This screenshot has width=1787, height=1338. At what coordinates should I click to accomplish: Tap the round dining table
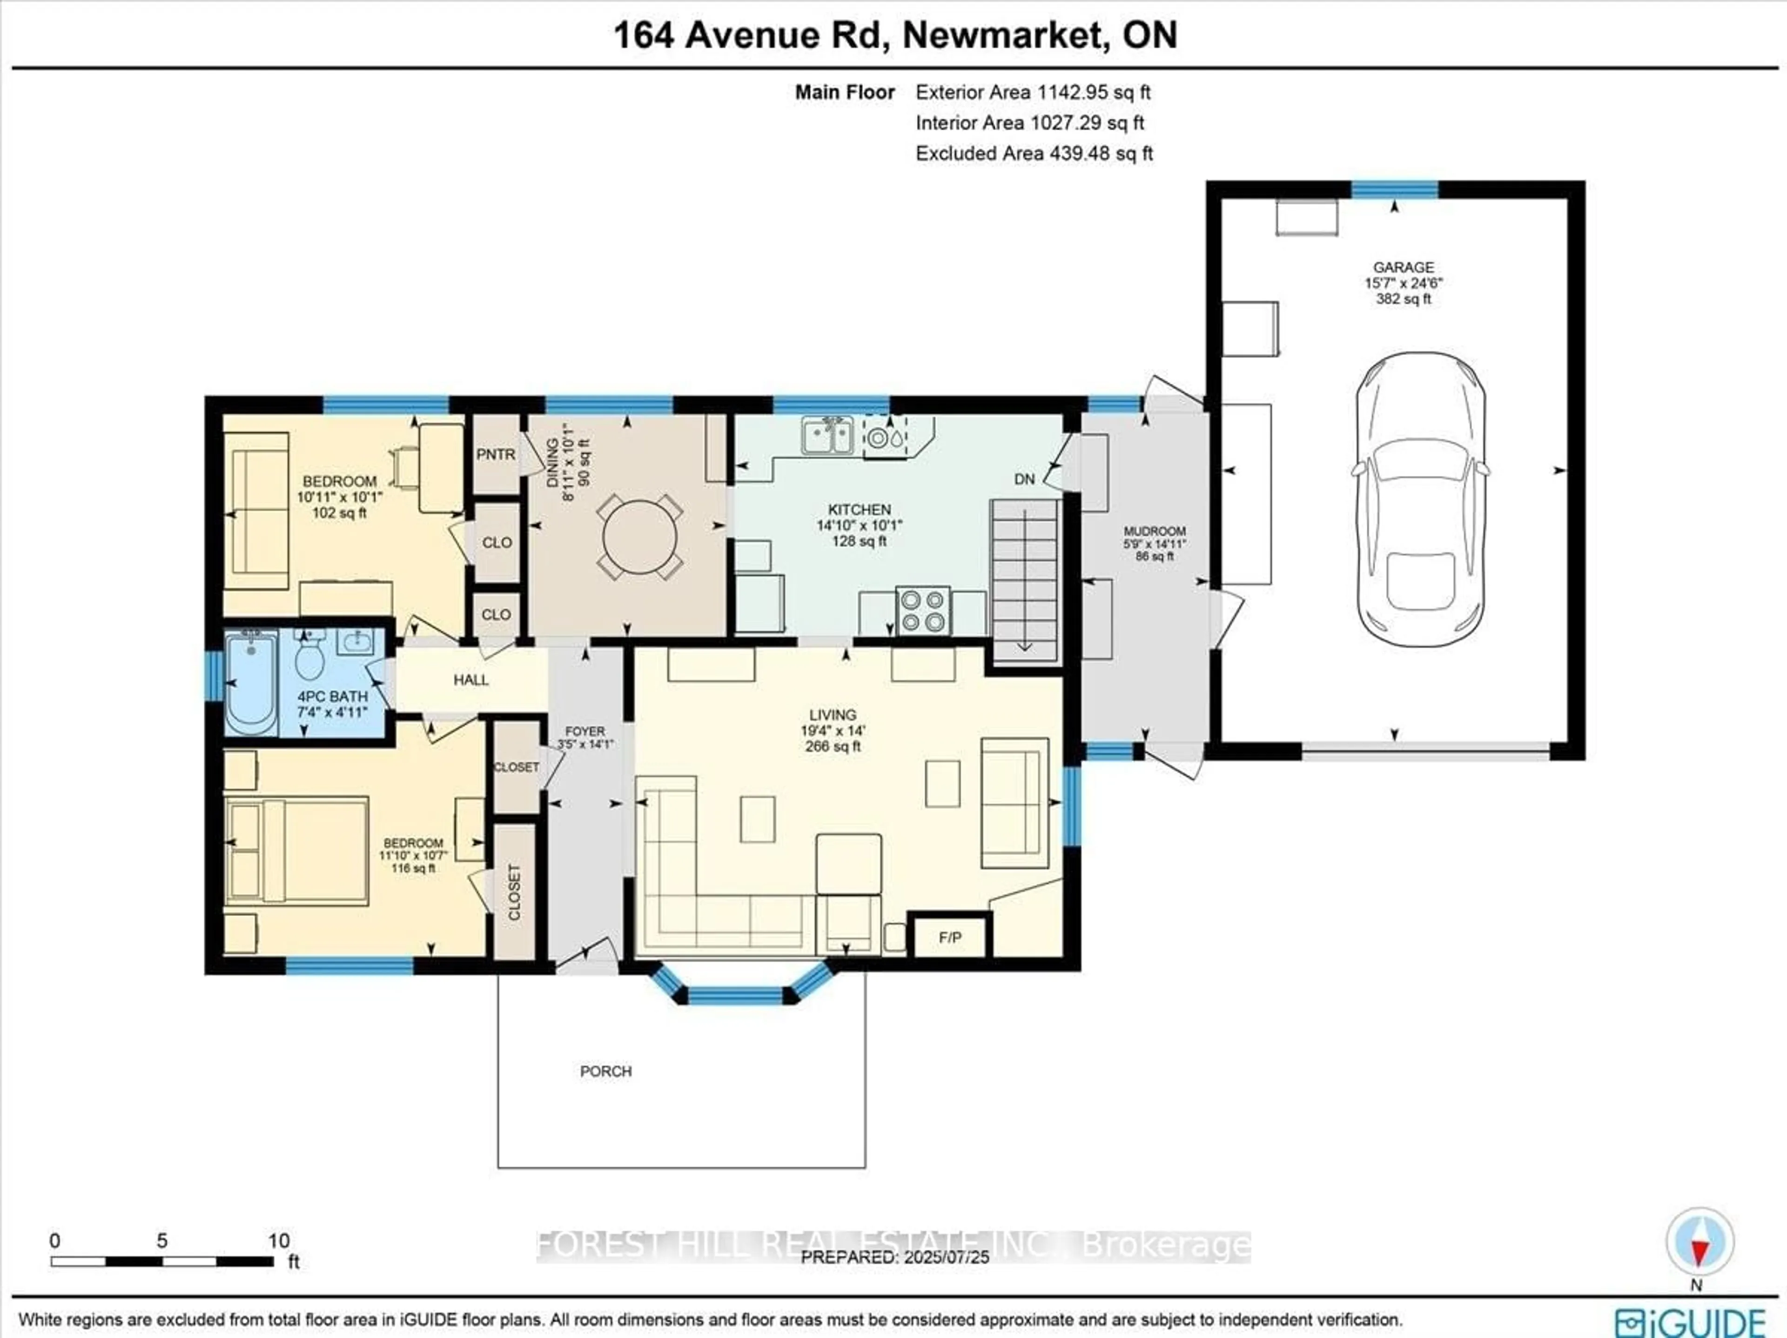(x=640, y=539)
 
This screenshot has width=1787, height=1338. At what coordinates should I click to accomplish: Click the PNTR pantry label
(x=495, y=455)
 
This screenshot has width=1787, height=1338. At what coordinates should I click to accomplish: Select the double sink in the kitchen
(x=827, y=435)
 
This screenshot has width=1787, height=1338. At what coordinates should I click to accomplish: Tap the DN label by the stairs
(x=1024, y=479)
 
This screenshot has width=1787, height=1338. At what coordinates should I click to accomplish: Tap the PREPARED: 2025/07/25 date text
(x=895, y=1257)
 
